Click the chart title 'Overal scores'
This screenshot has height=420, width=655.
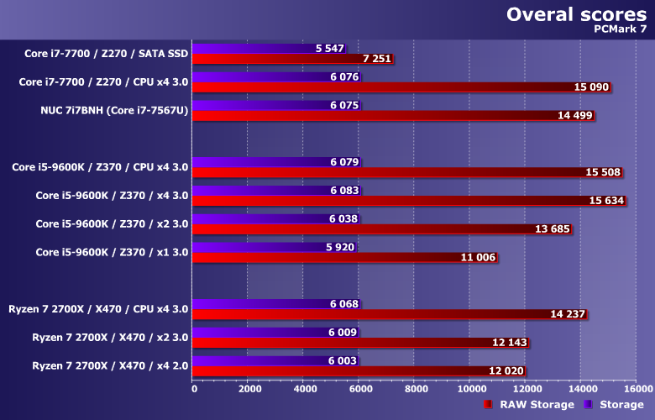(576, 15)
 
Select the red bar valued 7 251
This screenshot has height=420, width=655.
(293, 59)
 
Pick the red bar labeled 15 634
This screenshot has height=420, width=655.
(409, 201)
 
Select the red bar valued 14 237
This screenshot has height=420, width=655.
(390, 314)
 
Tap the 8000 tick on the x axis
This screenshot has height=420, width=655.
(415, 389)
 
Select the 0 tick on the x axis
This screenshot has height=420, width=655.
(194, 389)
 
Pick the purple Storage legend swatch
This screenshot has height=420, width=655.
(589, 405)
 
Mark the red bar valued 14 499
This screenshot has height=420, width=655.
(394, 115)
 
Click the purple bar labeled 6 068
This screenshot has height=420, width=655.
(277, 303)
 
